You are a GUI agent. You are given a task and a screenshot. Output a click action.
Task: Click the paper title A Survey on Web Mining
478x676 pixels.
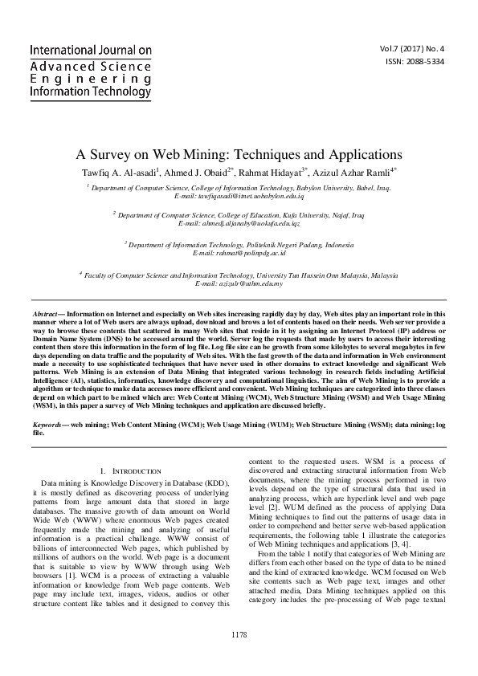pyautogui.click(x=239, y=153)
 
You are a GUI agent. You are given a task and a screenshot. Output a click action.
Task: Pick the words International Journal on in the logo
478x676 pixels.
pyautogui.click(x=90, y=51)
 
